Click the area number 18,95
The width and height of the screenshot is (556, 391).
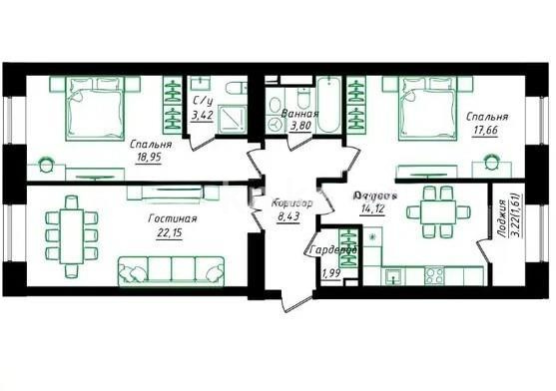(x=152, y=157)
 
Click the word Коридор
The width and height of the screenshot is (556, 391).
(x=291, y=203)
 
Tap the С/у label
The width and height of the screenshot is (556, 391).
(x=203, y=101)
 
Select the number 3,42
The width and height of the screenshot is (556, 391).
(x=203, y=115)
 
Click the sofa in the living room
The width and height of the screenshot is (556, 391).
(x=171, y=269)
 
